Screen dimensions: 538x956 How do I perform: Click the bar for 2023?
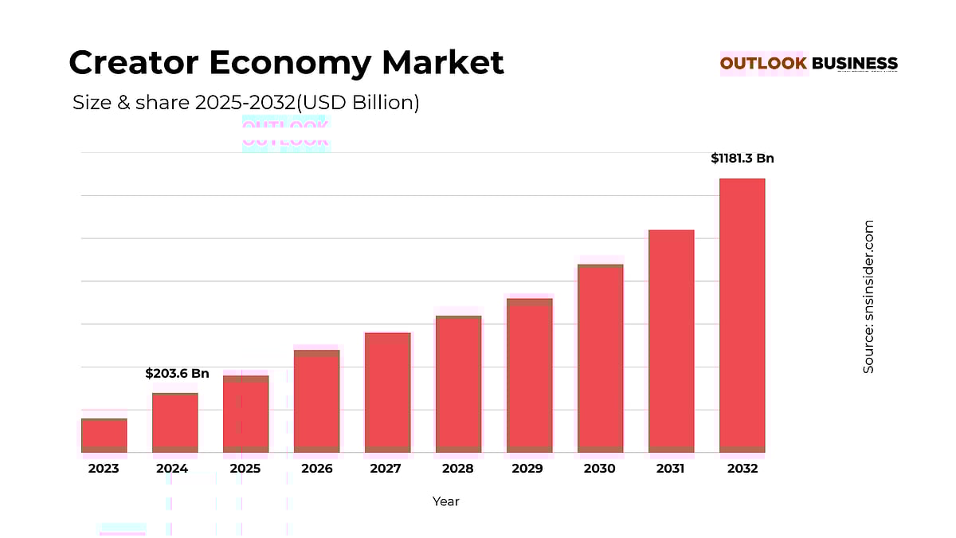(104, 435)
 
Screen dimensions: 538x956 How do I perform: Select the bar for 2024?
(174, 422)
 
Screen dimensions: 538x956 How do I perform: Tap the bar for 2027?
(387, 392)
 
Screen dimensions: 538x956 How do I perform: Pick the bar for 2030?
(600, 358)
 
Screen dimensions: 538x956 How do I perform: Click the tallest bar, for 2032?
(742, 315)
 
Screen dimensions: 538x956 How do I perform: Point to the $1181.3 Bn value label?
(742, 159)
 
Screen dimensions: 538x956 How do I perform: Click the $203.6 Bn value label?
(177, 373)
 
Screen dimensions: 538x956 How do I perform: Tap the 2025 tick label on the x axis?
(245, 469)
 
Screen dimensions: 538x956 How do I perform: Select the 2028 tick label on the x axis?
(457, 469)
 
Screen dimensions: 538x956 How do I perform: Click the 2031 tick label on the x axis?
(670, 469)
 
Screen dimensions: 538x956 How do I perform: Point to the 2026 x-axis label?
(316, 469)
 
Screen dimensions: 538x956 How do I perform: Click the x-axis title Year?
(445, 501)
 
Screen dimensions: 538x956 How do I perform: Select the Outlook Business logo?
(809, 64)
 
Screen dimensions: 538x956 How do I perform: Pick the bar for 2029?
(529, 375)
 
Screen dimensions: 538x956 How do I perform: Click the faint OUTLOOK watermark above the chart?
(285, 134)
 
